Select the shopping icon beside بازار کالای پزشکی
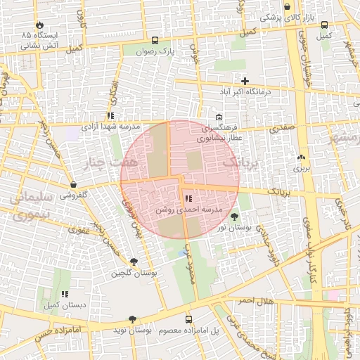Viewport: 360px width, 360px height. tap(287, 7)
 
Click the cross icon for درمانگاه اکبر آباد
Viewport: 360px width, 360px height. tap(245, 81)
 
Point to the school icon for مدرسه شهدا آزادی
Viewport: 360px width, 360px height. tap(110, 115)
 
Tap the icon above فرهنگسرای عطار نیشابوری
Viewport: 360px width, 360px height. tap(219, 117)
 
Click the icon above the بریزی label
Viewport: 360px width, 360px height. tap(302, 157)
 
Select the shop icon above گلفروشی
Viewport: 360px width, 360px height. tap(74, 184)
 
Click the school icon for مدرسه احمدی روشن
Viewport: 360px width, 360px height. tap(187, 199)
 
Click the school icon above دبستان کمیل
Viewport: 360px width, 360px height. tap(65, 295)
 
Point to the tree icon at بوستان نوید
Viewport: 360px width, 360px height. tap(133, 319)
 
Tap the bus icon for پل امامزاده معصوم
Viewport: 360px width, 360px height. tap(188, 319)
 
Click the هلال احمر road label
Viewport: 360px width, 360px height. tap(254, 301)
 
